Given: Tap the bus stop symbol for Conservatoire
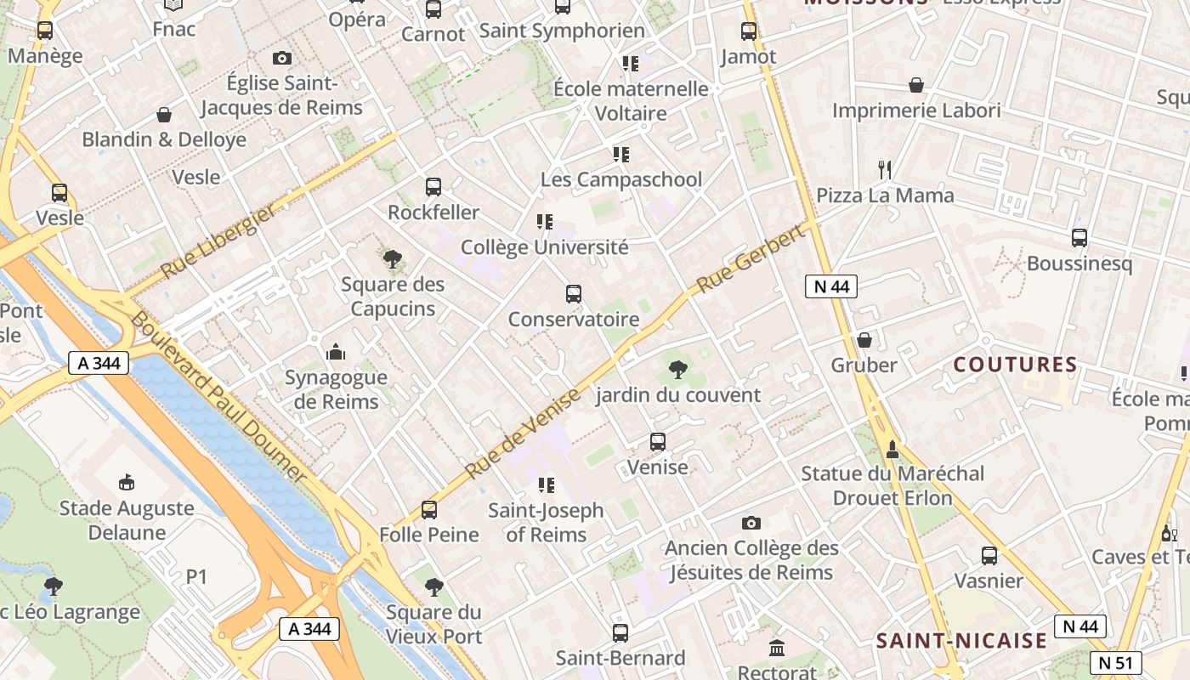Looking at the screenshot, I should tap(574, 294).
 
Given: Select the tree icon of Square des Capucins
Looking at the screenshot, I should tap(392, 258).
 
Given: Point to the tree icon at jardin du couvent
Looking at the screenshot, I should tap(677, 369).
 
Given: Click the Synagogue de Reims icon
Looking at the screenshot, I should tap(336, 352).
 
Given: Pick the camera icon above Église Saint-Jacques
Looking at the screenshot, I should tap(282, 58).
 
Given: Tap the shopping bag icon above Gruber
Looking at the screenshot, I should tap(864, 340).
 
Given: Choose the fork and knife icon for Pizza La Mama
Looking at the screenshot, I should tap(885, 169).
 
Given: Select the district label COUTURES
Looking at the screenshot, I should tap(1015, 365).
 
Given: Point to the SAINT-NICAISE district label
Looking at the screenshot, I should tap(961, 640).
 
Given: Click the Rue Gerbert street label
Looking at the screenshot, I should tap(750, 258).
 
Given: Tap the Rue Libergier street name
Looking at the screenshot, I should tap(218, 242).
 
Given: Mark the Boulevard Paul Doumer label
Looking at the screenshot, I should tap(218, 397).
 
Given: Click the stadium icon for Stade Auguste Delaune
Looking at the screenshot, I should tap(127, 483).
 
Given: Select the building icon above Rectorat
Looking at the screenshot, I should tap(777, 649).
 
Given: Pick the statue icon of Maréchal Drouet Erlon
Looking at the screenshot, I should tap(892, 448).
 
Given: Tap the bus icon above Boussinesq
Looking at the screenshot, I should tap(1079, 238).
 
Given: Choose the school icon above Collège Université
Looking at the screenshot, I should tap(545, 222).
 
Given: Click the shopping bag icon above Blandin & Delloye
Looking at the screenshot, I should tap(164, 114).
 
